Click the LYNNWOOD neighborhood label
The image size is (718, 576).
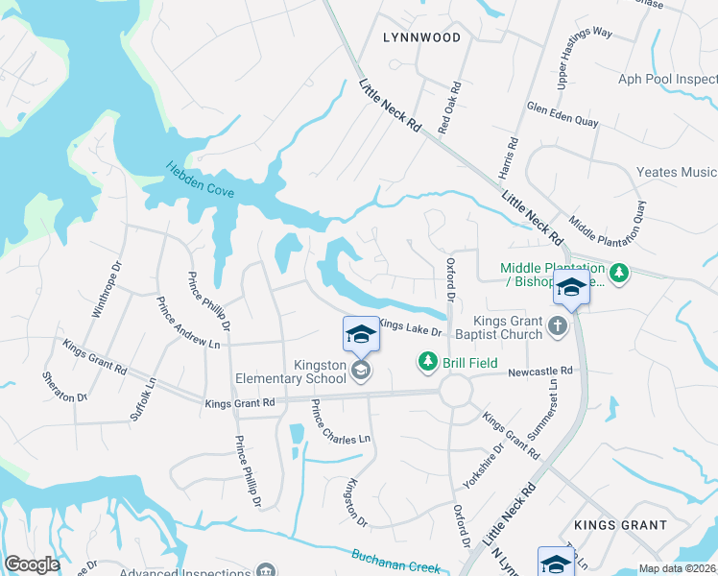(x=421, y=37)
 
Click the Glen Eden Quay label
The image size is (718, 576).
(x=562, y=114)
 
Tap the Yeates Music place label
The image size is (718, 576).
(x=676, y=172)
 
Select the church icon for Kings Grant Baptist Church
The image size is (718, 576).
(x=556, y=327)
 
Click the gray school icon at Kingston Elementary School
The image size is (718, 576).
(x=360, y=370)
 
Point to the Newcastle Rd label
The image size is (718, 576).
(x=540, y=371)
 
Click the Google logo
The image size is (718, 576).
(x=32, y=564)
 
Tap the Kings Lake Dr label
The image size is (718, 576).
(x=410, y=329)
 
